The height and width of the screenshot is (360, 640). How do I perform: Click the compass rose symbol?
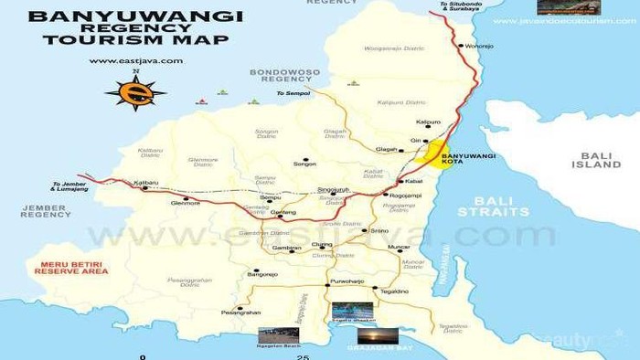135,91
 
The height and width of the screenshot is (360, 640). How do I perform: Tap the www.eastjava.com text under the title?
135,61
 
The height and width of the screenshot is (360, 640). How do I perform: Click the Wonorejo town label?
479,45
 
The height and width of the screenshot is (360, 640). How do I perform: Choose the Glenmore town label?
186,205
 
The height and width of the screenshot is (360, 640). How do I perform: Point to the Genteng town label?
283,213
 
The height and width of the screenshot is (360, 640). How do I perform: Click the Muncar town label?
400,248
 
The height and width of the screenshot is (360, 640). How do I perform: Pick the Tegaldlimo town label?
394,291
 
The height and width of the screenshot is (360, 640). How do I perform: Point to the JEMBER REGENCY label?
46,211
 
